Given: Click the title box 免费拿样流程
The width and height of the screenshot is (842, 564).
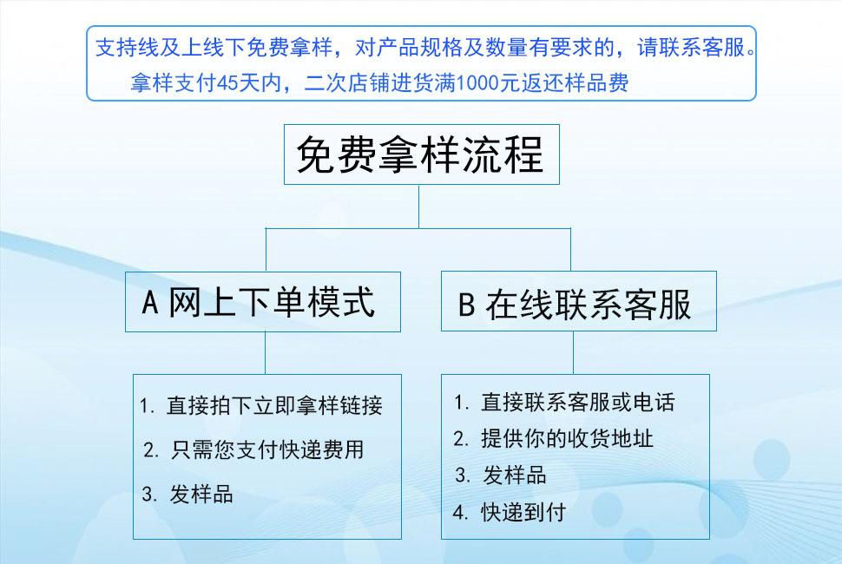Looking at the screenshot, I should pyautogui.click(x=420, y=154).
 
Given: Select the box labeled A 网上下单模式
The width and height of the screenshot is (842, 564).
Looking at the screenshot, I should pyautogui.click(x=263, y=302).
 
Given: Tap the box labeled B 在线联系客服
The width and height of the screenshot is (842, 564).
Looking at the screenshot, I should pyautogui.click(x=579, y=302).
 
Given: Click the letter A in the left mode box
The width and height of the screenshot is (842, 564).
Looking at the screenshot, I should pyautogui.click(x=150, y=304).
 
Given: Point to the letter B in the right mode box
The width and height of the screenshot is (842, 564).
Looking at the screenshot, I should pyautogui.click(x=466, y=305).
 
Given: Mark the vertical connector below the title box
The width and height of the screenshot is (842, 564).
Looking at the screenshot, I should pyautogui.click(x=419, y=207).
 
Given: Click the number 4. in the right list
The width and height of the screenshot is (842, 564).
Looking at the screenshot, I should pyautogui.click(x=461, y=512).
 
